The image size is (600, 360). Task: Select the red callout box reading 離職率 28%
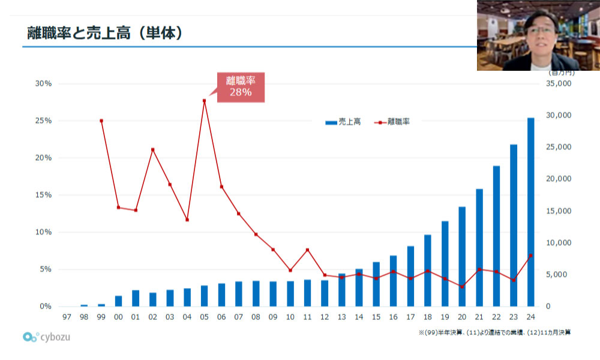point(241,87)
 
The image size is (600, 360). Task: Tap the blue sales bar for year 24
point(531,212)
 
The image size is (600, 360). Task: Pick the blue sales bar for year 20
point(462,257)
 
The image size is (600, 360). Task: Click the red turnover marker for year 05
point(205,101)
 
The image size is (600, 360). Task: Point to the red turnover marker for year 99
point(101,121)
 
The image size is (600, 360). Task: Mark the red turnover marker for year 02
point(152,149)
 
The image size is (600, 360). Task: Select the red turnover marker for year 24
point(531,256)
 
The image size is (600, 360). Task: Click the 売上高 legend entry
point(343,122)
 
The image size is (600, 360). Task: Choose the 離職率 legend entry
point(392,122)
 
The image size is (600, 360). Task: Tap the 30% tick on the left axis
point(43,83)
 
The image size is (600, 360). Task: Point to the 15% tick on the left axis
point(43,195)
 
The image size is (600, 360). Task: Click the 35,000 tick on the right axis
point(558,83)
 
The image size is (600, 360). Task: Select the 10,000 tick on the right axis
point(558,242)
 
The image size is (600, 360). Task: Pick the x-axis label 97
point(67,317)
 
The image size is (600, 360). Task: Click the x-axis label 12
point(325,317)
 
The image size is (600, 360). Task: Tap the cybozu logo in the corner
point(46,337)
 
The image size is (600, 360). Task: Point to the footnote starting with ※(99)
point(495,332)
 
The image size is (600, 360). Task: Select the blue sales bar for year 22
point(496,236)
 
